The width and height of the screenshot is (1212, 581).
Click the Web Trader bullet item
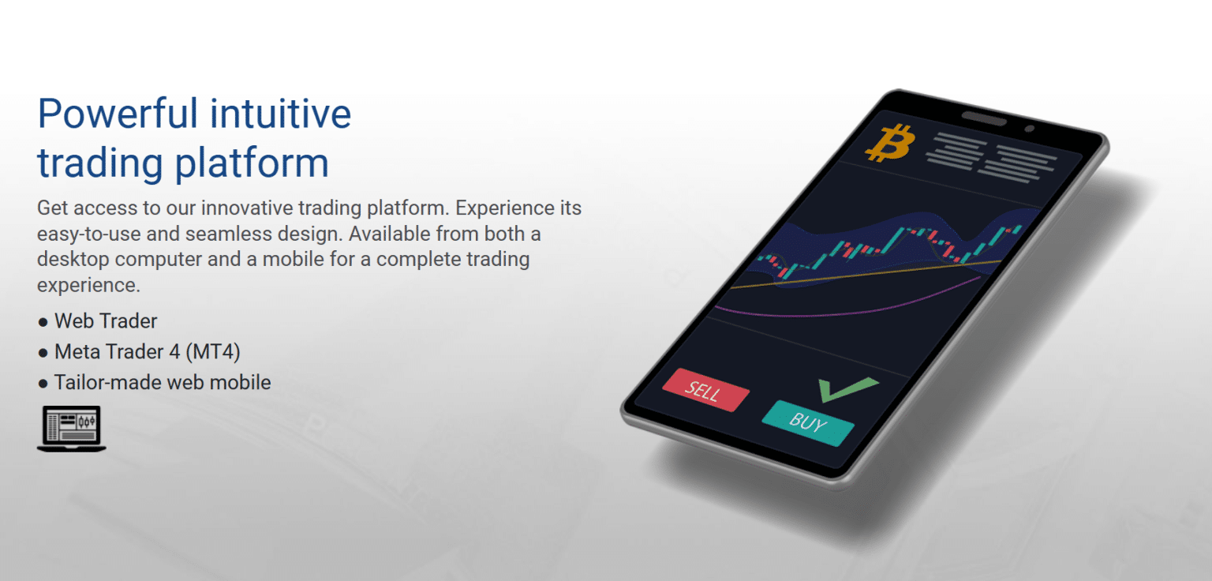click(x=106, y=321)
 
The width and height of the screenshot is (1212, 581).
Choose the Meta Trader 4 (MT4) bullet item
click(x=147, y=352)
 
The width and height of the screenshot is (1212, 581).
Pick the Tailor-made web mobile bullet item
click(x=162, y=383)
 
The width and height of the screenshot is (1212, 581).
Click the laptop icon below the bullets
click(x=71, y=429)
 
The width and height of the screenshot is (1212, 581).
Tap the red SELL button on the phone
click(x=705, y=390)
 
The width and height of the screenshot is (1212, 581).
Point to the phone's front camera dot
click(x=1028, y=128)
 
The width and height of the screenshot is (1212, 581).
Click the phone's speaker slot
click(x=982, y=118)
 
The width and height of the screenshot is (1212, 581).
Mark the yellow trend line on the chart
click(x=868, y=273)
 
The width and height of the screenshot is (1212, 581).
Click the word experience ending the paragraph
click(x=88, y=285)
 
